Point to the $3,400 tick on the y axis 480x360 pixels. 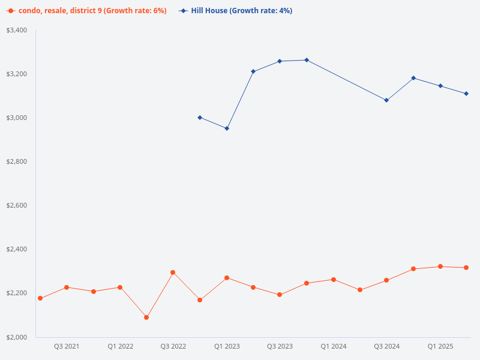[x=17, y=30]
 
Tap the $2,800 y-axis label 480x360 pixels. [x=17, y=161]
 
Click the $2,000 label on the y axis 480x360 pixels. [x=17, y=337]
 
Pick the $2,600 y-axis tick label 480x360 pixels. [x=17, y=205]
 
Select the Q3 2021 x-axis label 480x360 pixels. [x=67, y=347]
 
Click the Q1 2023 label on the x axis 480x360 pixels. [x=227, y=347]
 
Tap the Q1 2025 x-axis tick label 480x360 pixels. [x=440, y=347]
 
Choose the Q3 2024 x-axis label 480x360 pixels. [x=387, y=347]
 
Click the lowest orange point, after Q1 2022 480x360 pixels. [x=146, y=317]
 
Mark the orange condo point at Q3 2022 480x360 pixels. [x=173, y=272]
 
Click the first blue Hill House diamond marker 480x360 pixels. [x=200, y=118]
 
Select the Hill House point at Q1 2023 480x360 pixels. [x=227, y=128]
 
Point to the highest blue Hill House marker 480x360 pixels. [x=307, y=60]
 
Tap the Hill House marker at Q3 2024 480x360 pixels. [x=386, y=100]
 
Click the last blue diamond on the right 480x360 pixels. [x=466, y=94]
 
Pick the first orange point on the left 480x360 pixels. [x=40, y=298]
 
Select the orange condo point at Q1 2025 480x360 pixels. [x=440, y=266]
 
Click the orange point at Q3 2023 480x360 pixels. [x=280, y=295]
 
